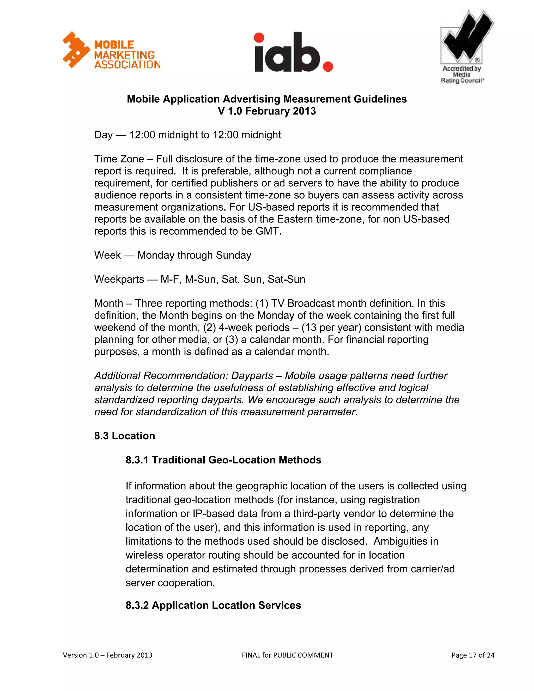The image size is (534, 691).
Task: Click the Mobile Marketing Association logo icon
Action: pos(76,50)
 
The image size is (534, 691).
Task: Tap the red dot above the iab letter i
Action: pos(259,38)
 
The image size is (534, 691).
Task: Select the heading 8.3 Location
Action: pos(124,436)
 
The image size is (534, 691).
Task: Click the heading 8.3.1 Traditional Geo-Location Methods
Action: pos(223,460)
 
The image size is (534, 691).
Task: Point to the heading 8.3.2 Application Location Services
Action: pos(213,605)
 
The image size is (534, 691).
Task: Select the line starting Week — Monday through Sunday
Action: pos(173,255)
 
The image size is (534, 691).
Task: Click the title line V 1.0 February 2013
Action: pos(267,111)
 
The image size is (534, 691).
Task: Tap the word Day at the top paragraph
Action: pos(103,135)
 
